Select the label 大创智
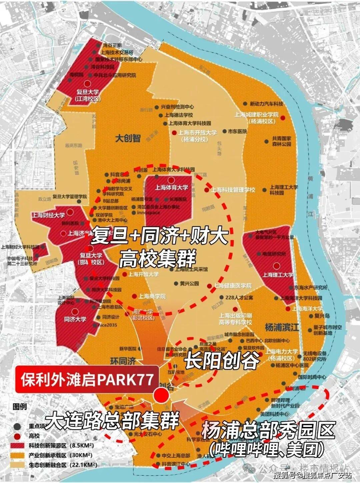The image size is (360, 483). pos(128,138)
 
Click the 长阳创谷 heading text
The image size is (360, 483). pos(222,361)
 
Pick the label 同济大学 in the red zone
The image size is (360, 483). pos(75,319)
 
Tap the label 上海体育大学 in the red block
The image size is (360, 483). pos(171,187)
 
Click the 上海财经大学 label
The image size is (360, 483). pos(48,215)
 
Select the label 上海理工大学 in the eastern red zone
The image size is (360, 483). pos(278,275)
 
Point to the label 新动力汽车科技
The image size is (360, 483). pos(266,104)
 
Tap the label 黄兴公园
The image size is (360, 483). pos(189,284)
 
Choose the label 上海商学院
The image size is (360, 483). pos(152,296)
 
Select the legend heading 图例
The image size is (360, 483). pos(19,407)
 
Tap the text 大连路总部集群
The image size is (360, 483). pos(112,421)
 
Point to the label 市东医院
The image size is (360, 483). pos(237,131)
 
